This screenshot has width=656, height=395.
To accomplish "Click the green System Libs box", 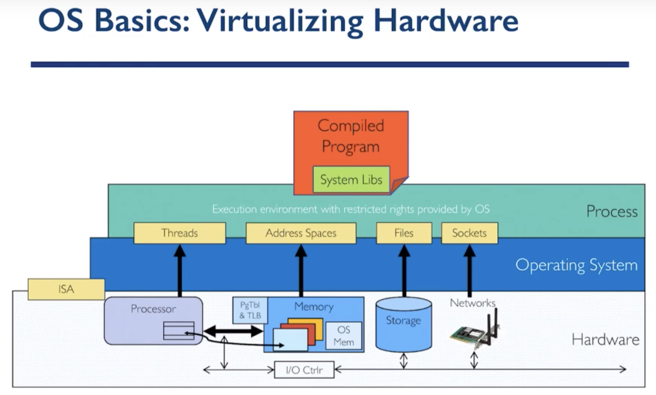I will [x=351, y=180].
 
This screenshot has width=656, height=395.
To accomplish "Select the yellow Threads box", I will [x=179, y=233].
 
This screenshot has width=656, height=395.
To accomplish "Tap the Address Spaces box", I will [x=301, y=233].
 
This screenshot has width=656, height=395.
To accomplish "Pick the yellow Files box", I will [x=404, y=233].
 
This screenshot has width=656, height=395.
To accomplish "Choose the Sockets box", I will [x=469, y=233].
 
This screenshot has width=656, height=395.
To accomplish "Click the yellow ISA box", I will [x=66, y=289].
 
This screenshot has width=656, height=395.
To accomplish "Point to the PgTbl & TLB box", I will [x=250, y=310].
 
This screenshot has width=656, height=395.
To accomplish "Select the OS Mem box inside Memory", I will [x=343, y=336].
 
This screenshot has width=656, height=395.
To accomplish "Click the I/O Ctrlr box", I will [x=304, y=370].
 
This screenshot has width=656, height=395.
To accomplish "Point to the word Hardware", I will [x=605, y=340].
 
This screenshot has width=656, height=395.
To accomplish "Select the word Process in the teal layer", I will [x=612, y=212].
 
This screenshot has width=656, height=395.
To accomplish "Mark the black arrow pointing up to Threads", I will [x=180, y=270].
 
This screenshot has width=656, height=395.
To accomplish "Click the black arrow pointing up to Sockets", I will [x=470, y=270].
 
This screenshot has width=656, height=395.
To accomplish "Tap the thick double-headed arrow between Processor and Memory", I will [x=233, y=331].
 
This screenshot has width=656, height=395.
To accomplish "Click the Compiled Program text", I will [x=351, y=136].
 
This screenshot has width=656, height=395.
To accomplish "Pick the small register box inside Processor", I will [x=179, y=330].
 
